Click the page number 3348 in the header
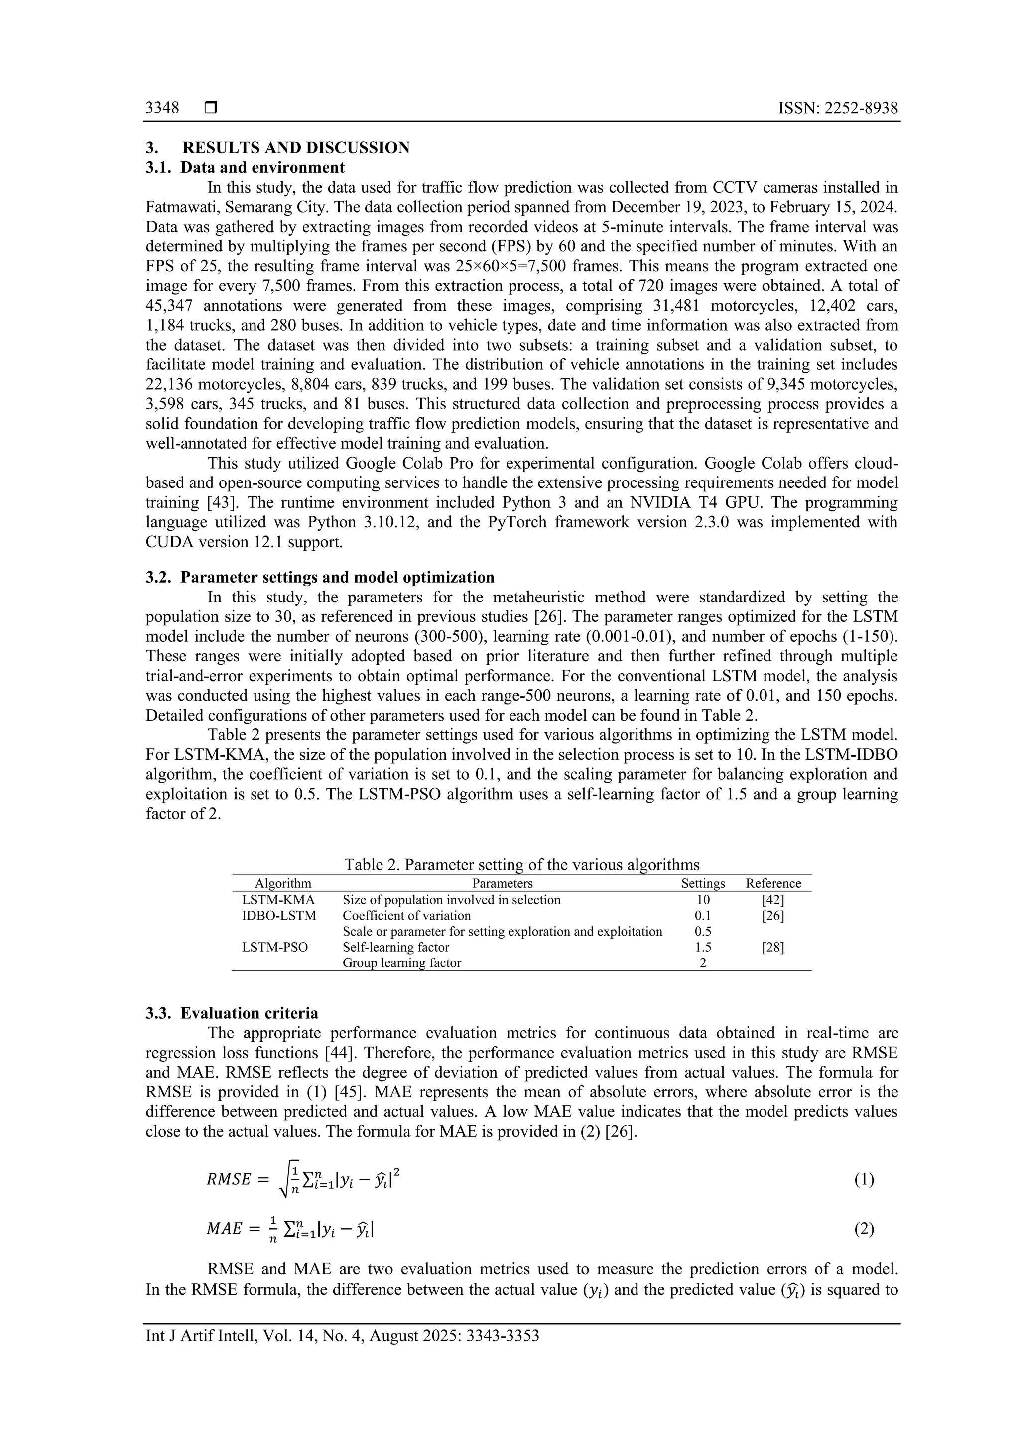[x=162, y=108]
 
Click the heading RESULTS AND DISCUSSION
[x=296, y=148]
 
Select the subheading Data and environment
[x=262, y=168]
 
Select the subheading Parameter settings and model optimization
[x=337, y=577]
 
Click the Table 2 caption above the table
[x=521, y=865]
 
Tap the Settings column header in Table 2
[x=703, y=883]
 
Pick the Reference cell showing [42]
[x=772, y=899]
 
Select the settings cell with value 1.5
[x=703, y=947]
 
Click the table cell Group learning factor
[x=401, y=963]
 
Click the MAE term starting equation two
[x=224, y=1228]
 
